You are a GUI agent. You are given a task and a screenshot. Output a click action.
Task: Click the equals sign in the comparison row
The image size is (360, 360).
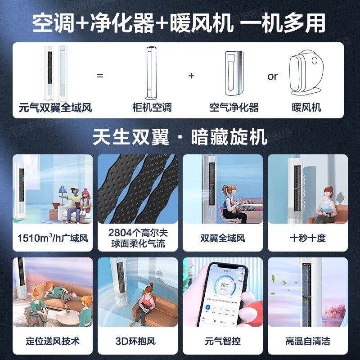point(100,76)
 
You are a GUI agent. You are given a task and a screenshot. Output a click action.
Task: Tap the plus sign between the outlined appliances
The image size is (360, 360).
point(191,76)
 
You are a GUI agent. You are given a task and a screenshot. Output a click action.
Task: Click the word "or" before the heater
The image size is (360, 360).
point(273,76)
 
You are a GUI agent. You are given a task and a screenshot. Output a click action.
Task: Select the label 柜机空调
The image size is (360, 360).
point(152,108)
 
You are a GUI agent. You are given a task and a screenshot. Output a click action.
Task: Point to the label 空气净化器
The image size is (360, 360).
point(234,108)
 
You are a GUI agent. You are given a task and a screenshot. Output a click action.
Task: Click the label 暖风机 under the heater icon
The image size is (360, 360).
point(306,108)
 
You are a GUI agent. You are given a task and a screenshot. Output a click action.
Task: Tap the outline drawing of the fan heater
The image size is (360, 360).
point(306,74)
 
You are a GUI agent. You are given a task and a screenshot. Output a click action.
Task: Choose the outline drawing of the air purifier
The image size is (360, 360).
point(234,74)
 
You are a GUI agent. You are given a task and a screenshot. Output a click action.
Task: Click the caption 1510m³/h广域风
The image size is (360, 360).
point(53,238)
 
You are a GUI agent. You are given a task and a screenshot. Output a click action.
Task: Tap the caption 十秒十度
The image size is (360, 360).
point(308,238)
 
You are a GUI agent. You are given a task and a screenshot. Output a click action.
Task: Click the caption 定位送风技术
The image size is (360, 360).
point(53,341)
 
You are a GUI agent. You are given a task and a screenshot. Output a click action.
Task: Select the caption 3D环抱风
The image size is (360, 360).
point(138,341)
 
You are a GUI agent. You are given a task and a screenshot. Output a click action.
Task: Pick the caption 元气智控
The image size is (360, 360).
point(223,341)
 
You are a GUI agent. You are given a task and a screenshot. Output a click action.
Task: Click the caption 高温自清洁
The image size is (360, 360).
point(308,341)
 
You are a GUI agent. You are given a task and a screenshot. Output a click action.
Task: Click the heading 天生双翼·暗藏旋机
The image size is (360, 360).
point(180,137)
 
